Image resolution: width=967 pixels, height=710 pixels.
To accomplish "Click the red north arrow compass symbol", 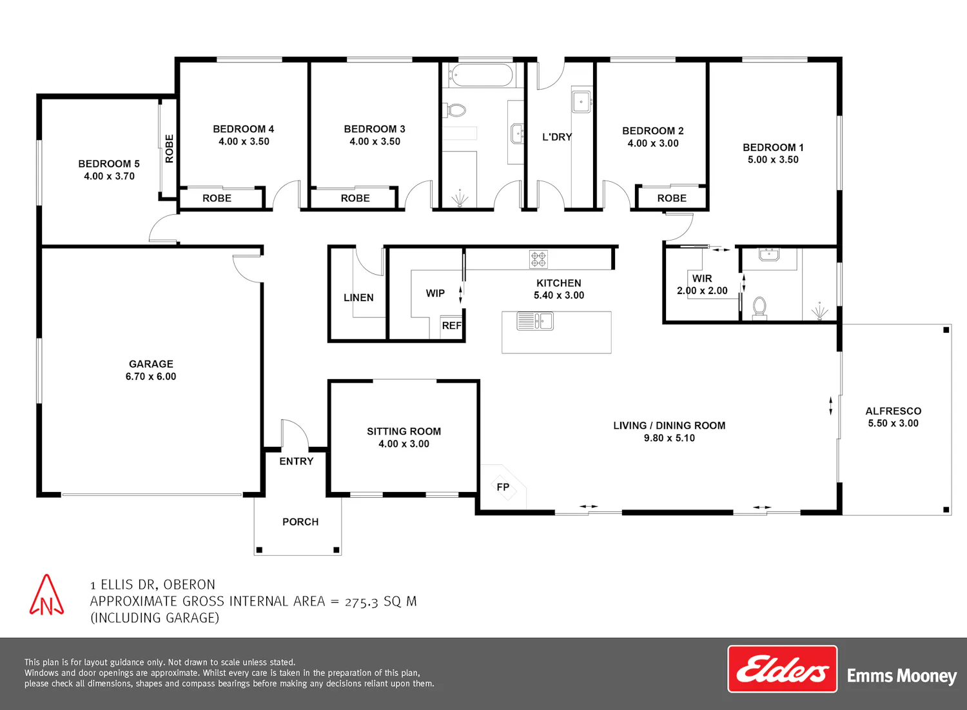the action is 46,595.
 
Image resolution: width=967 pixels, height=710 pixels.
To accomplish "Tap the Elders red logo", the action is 782,669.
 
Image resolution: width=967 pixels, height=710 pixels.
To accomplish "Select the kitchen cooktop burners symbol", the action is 538,259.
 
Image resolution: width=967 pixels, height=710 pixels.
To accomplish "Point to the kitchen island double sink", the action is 535,321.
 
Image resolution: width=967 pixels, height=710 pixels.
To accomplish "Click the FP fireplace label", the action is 503,487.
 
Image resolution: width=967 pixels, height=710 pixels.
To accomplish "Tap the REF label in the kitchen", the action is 451,326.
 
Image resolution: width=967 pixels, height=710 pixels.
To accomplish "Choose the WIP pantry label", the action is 435,293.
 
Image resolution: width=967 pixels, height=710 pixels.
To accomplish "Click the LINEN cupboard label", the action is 358,297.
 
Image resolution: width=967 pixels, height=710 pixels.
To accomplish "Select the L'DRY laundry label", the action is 557,137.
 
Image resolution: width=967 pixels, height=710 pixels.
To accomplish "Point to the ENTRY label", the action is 296,461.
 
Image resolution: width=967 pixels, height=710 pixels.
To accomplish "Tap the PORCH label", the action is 300,522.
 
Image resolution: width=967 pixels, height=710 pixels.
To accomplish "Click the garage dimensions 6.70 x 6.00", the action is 151,377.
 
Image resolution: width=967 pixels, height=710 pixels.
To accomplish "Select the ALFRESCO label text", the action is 893,411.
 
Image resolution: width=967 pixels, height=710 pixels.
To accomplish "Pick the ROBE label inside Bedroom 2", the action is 672,198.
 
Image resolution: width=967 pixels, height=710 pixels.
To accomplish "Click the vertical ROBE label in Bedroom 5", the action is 169,148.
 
